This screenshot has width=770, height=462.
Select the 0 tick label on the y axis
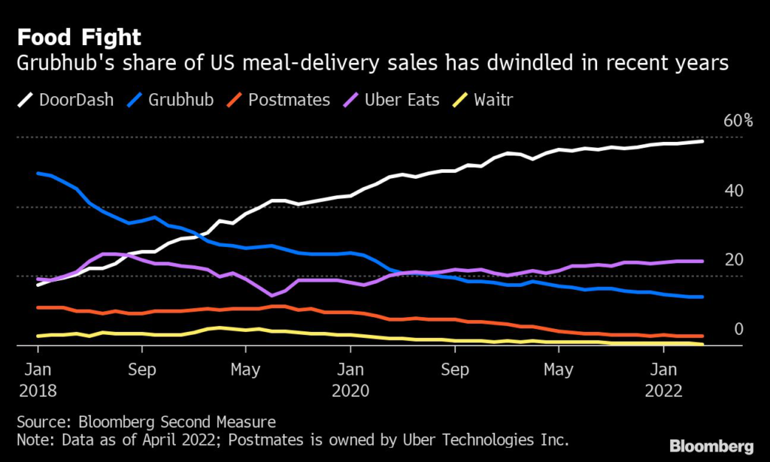[x=738, y=329]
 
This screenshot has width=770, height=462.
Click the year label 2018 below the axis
[x=37, y=391]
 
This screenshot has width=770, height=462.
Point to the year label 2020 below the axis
[x=350, y=391]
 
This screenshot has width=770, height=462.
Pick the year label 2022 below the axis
[x=662, y=391]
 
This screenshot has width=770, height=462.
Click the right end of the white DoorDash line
[x=702, y=140]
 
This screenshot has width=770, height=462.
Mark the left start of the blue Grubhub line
[x=38, y=174]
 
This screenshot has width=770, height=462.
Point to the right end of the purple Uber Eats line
[x=702, y=261]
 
